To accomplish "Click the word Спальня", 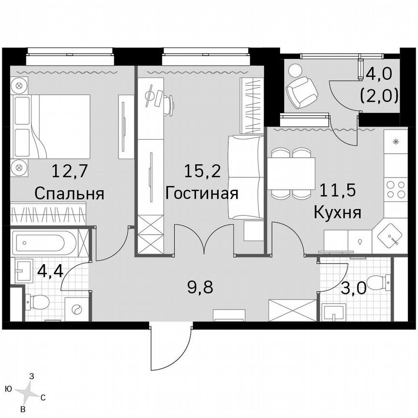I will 70,194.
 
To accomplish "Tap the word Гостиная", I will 202,194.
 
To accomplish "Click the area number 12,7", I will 69,171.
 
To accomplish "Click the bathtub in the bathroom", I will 45,241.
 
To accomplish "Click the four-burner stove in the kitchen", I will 396,189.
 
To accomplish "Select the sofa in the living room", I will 246,177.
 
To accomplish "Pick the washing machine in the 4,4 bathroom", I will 77,310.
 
